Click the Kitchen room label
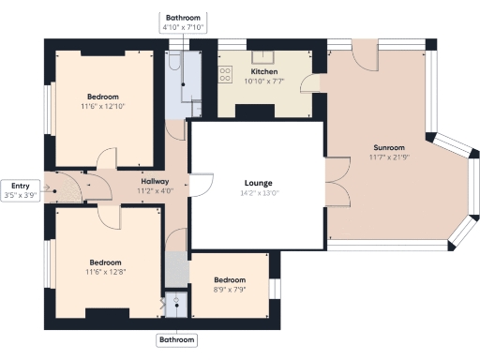coord(263,71)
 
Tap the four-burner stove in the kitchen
coord(226,74)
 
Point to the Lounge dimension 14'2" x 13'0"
coord(258,193)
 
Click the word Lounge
coord(258,182)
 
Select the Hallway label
coord(155,181)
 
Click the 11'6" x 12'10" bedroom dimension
coord(103,107)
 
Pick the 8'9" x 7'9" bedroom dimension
coord(229,290)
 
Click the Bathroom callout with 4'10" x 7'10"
coord(183,22)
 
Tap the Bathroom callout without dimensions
coord(178,339)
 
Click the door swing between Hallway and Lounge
coord(198,187)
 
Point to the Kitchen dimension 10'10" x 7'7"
coord(263,82)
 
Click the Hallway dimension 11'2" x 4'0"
coord(155,191)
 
